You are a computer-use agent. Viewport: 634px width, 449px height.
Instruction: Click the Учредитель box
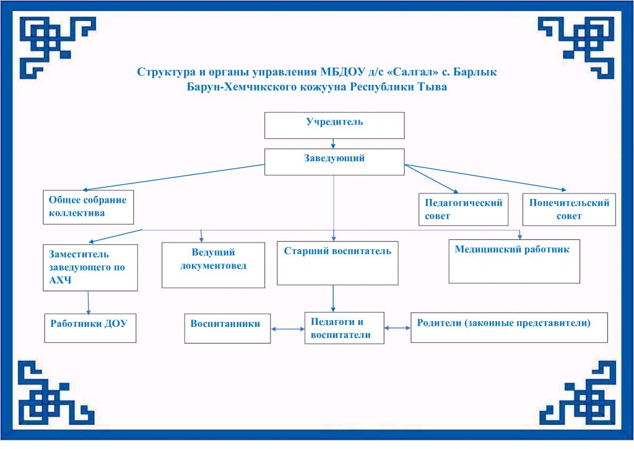click(x=334, y=125)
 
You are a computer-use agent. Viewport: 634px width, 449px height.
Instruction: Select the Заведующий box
click(x=334, y=161)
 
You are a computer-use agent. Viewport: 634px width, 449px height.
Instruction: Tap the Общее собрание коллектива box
click(x=89, y=207)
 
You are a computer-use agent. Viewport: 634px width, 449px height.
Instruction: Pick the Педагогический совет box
click(x=463, y=209)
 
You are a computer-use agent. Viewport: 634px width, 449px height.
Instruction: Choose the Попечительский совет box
click(x=569, y=209)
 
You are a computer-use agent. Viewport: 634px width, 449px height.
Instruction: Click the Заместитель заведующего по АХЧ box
click(x=90, y=267)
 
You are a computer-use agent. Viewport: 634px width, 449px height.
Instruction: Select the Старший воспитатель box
click(x=337, y=262)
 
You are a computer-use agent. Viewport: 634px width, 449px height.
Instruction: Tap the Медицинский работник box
click(x=514, y=261)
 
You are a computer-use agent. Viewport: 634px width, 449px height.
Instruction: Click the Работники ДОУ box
click(x=90, y=327)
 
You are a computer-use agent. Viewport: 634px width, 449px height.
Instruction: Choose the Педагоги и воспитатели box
click(x=344, y=328)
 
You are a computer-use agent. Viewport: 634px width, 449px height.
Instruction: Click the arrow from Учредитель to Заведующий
click(x=334, y=143)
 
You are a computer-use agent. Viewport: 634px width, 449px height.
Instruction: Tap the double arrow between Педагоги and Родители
click(x=397, y=327)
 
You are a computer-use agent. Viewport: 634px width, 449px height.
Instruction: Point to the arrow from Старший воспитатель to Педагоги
click(x=334, y=298)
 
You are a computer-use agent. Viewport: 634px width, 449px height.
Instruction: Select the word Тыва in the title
click(x=431, y=87)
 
